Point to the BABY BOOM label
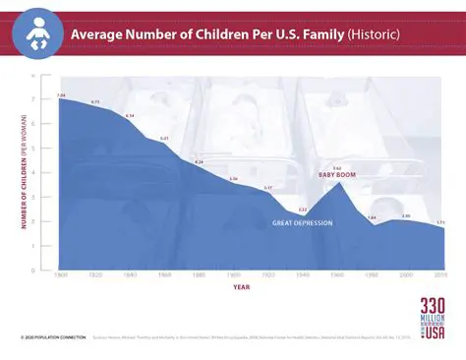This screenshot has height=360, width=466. pyautogui.click(x=336, y=174)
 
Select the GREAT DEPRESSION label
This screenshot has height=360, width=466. pyautogui.click(x=302, y=223)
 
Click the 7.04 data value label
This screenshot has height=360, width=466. pyautogui.click(x=61, y=94)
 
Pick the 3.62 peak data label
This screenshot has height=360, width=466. pyautogui.click(x=336, y=167)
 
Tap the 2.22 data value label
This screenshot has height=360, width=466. pyautogui.click(x=302, y=210)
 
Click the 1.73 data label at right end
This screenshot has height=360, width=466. pyautogui.click(x=440, y=223)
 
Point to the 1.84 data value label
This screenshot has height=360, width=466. pyautogui.click(x=372, y=217)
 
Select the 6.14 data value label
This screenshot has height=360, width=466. pyautogui.click(x=130, y=116)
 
